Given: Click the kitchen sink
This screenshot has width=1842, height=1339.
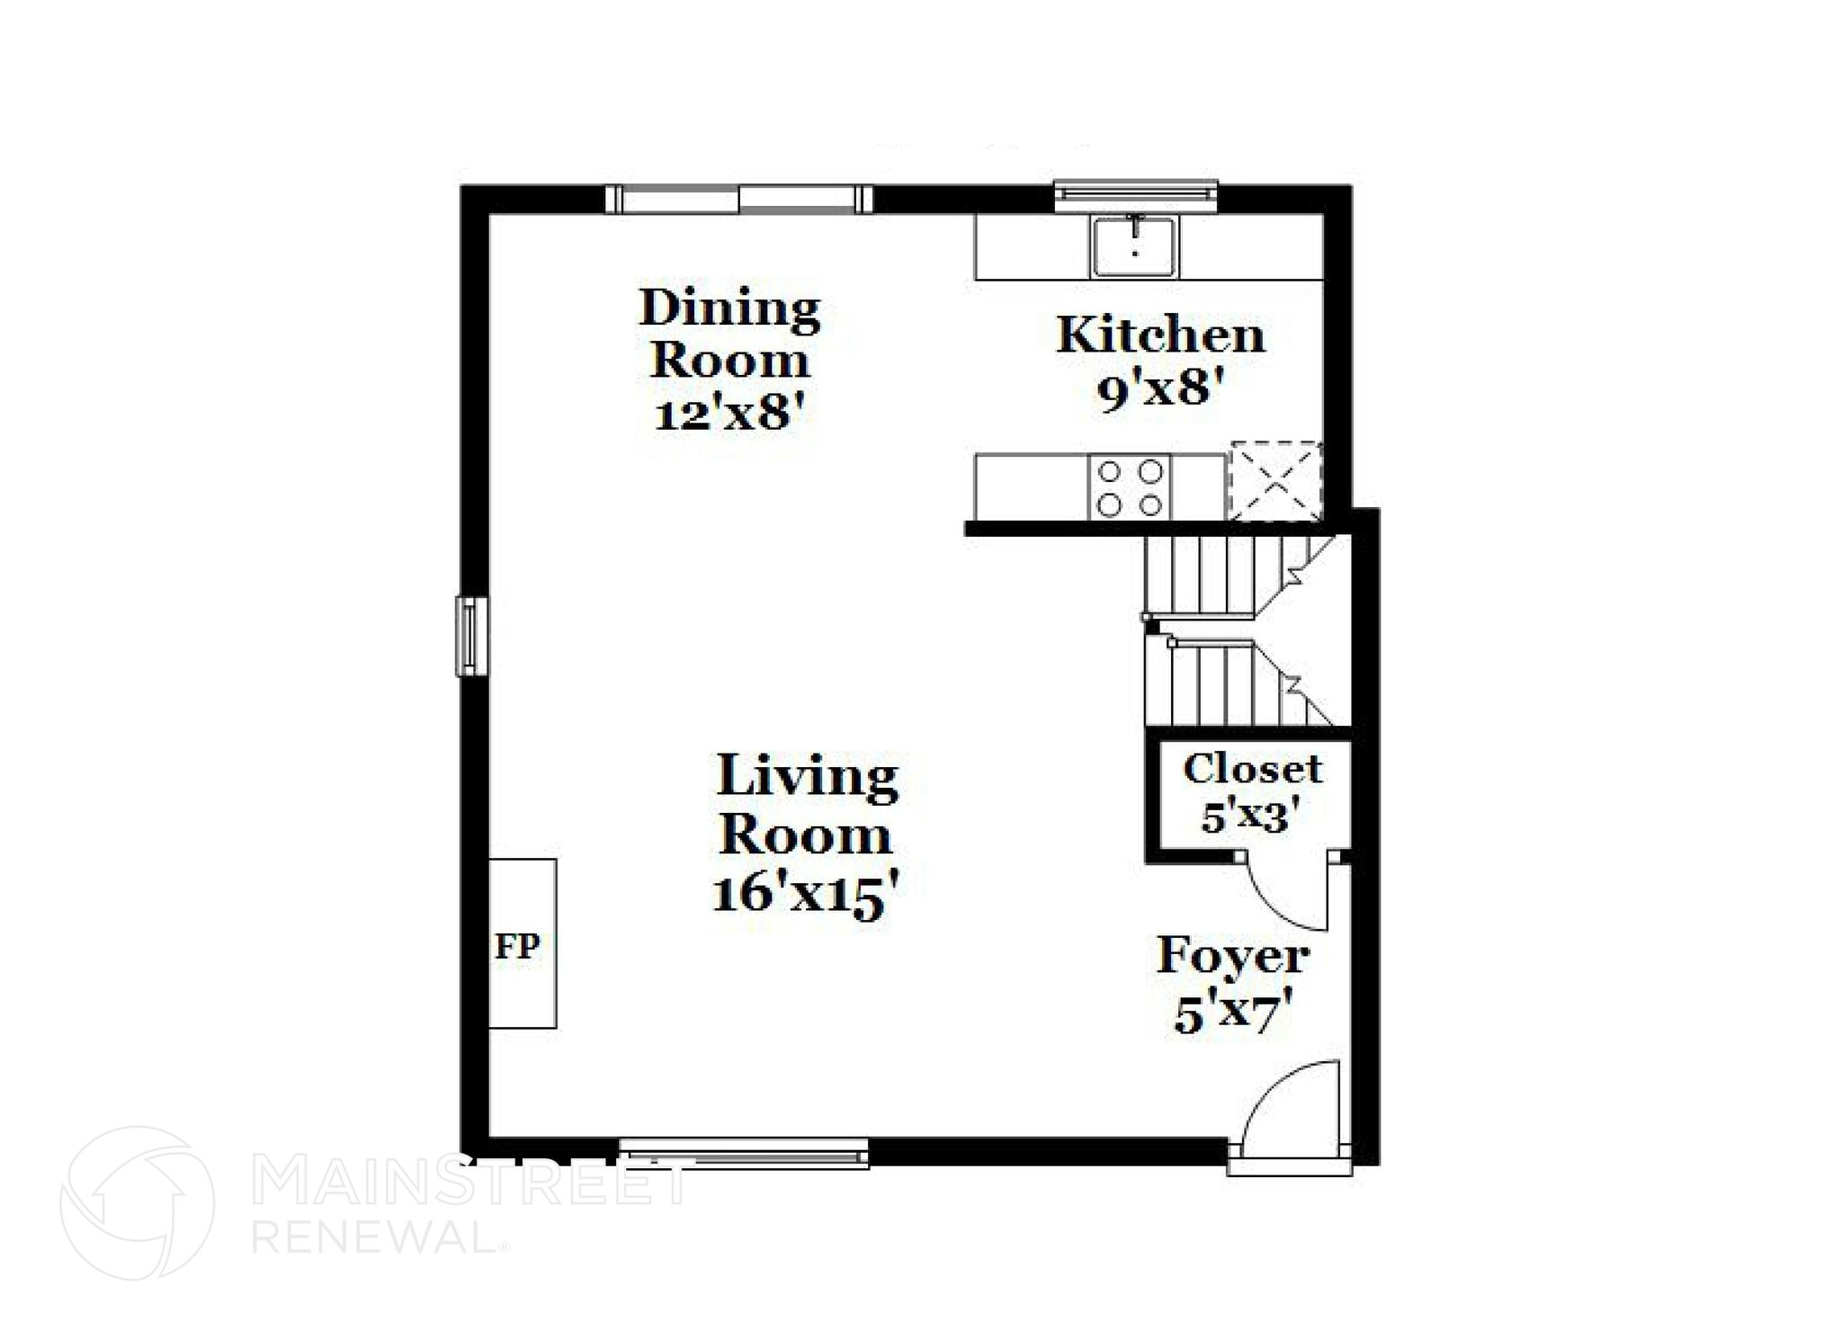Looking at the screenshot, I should pos(1135,246).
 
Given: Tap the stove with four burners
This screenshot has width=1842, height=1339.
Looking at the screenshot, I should pos(1130,487).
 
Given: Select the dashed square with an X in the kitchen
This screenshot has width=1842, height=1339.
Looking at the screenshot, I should pos(1275,481).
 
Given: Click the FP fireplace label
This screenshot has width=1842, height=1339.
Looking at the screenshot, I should pos(517,946).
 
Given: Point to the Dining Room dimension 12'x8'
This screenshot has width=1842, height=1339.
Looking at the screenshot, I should pos(728,415).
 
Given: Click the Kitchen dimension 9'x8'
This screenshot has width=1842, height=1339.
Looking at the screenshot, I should pos(1161,390).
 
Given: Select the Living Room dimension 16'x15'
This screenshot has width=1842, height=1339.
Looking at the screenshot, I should pos(806,895).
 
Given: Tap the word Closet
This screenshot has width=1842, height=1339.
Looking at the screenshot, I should pos(1252,769).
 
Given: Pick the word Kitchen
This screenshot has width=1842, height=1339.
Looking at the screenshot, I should pos(1161,335).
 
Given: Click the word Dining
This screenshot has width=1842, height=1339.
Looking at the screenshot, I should pos(729,309).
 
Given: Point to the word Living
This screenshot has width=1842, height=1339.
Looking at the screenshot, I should pos(807,776).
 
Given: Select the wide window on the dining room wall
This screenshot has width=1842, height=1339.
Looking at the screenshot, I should pos(738,199).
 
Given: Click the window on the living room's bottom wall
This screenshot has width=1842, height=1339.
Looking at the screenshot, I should pos(744,1153).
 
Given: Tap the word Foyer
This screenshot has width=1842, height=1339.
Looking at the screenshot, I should pos(1233,955).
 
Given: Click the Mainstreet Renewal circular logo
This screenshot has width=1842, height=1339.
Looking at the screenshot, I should pos(138,1203).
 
